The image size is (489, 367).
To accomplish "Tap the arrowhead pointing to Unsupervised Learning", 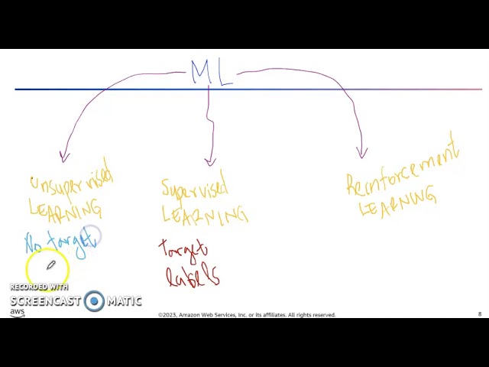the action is [64, 156].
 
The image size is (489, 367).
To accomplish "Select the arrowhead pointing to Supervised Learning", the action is [210, 161].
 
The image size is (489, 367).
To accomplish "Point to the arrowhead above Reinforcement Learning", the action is [362, 152].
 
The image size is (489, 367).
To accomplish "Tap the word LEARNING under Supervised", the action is [205, 215].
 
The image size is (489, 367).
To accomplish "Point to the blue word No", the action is [34, 244].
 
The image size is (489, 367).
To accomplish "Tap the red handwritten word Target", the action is [183, 250].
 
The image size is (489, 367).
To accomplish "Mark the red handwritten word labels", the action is [193, 275].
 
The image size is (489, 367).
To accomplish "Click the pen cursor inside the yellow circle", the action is [50, 265].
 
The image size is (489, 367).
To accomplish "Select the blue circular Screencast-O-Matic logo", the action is [94, 300].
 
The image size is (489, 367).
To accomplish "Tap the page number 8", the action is [480, 314].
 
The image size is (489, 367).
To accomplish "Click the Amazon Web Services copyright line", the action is [247, 315].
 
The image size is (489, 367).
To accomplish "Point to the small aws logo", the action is [17, 312].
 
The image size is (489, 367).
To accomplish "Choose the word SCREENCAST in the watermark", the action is [45, 301].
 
